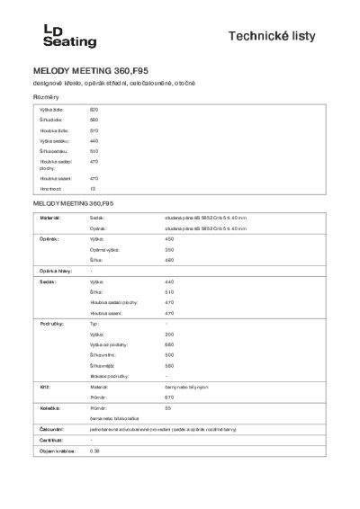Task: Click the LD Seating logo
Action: click(60, 35)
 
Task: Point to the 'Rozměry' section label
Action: click(46, 96)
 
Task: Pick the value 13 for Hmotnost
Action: click(93, 189)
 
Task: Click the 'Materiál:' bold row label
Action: click(48, 218)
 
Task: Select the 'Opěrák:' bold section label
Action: click(48, 239)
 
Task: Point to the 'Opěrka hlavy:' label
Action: click(51, 271)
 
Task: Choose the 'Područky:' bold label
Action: click(49, 322)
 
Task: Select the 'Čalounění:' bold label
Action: click(49, 430)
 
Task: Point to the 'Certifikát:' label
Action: click(49, 440)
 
